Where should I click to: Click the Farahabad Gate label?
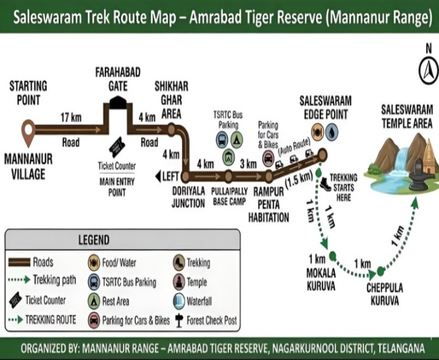point(118,79)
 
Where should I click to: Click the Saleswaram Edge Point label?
point(326,107)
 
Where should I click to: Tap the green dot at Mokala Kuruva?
point(333,255)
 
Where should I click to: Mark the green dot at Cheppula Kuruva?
point(380,271)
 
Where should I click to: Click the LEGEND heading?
point(93,240)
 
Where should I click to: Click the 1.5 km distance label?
point(299,176)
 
